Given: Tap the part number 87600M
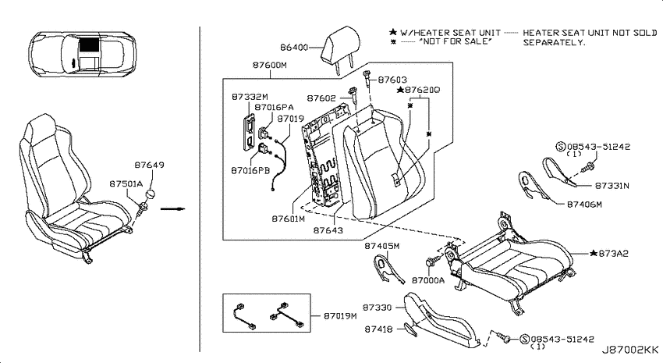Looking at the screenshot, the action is [x=270, y=65].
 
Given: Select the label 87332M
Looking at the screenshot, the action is [x=250, y=97].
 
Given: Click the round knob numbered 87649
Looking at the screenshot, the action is [x=150, y=195].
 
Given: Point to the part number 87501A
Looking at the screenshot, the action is [x=126, y=183].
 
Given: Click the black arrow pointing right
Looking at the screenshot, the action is [x=173, y=208].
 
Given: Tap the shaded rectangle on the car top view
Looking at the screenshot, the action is [x=89, y=44].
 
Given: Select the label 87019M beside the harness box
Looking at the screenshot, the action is [x=340, y=316].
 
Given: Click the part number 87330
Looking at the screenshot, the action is [x=378, y=308].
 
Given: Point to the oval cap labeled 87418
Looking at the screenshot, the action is [x=410, y=329].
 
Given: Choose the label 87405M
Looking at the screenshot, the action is [x=382, y=246].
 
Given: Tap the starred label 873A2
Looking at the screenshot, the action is [x=609, y=254].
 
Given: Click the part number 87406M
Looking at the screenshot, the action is [x=584, y=205].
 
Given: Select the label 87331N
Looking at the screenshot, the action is [x=612, y=186].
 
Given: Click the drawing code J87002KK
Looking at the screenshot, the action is [x=630, y=350].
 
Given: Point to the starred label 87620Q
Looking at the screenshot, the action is [x=418, y=90].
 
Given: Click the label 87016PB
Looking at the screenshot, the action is [x=250, y=171].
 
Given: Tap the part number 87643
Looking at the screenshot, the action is [x=328, y=230].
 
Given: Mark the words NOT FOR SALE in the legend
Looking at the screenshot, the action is [x=456, y=41].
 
